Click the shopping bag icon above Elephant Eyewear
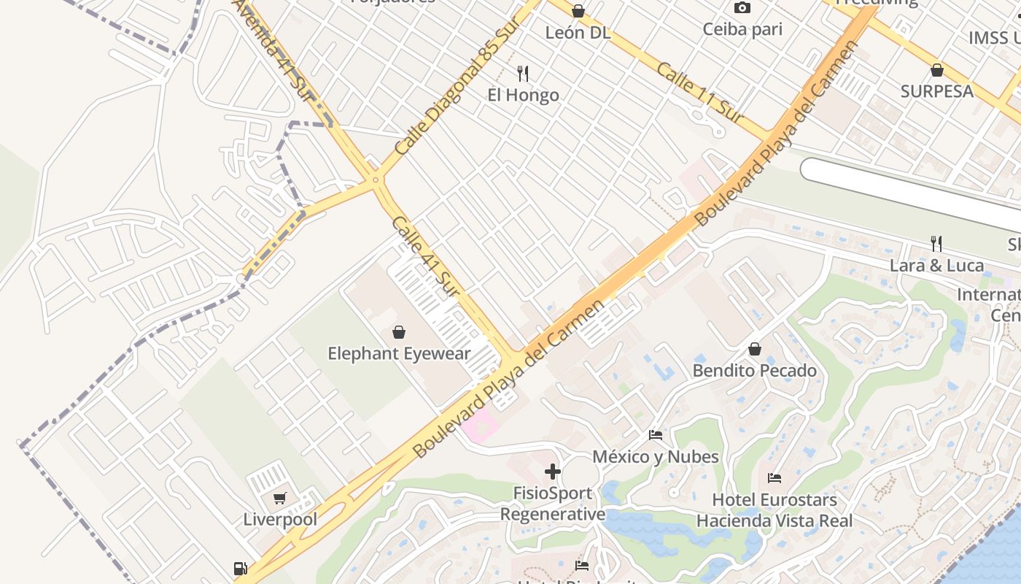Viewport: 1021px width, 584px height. (x=399, y=333)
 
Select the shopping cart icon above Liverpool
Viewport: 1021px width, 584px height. (x=279, y=499)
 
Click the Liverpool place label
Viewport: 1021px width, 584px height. (x=280, y=520)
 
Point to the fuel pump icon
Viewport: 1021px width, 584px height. (x=239, y=569)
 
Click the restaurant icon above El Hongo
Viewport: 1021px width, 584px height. (x=522, y=73)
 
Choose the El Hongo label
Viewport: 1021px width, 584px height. (x=523, y=95)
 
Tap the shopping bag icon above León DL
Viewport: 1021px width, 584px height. (x=578, y=11)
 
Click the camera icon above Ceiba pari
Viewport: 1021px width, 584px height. (x=742, y=8)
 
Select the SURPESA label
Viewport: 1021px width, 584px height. (x=936, y=91)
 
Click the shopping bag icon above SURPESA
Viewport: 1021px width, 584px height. (x=937, y=70)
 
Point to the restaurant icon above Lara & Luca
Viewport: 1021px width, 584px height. (x=936, y=244)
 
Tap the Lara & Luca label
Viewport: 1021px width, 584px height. (x=936, y=266)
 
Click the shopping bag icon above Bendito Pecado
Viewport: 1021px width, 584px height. (x=755, y=350)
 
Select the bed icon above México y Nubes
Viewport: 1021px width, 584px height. (x=656, y=435)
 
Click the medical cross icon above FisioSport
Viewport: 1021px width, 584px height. (x=553, y=472)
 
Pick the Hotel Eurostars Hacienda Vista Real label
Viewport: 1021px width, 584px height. (x=774, y=510)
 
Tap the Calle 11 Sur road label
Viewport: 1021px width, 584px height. (x=699, y=93)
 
